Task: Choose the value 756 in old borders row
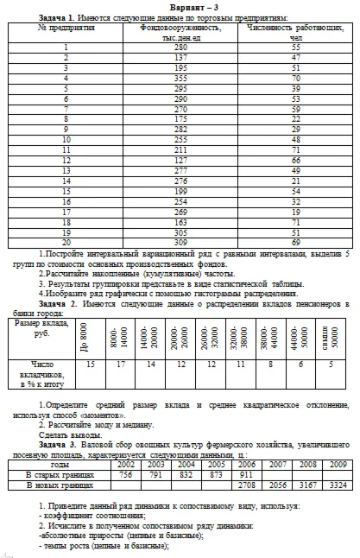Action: click(125, 474)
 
